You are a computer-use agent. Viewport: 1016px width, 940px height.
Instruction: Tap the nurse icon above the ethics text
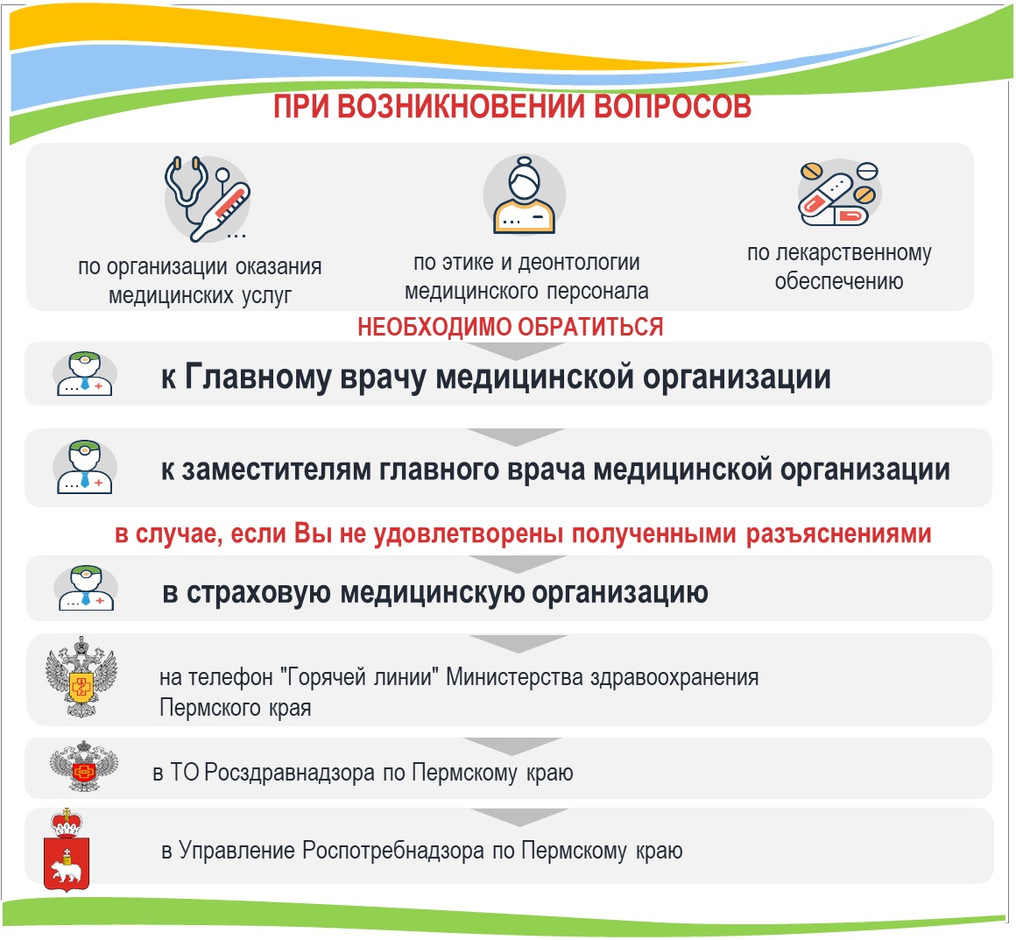coord(524,194)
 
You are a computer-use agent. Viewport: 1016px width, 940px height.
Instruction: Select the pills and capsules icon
coord(838,193)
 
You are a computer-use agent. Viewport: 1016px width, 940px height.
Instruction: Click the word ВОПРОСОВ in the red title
coord(672,107)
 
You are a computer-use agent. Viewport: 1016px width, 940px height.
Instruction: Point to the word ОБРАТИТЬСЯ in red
coord(590,327)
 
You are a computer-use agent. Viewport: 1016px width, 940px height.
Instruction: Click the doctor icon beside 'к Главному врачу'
coord(85,374)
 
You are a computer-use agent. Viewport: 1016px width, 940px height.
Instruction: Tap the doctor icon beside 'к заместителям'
coord(85,467)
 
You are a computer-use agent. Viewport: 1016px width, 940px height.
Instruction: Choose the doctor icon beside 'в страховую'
coord(87,588)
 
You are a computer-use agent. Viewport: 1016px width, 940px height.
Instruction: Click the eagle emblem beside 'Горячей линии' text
coord(81,677)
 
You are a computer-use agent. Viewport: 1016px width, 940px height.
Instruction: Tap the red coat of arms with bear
coord(66,849)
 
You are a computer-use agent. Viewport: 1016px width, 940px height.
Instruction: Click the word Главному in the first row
coord(258,377)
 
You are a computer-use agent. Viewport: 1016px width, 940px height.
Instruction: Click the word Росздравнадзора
coord(289,773)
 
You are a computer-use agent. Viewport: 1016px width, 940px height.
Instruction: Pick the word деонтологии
coord(579,263)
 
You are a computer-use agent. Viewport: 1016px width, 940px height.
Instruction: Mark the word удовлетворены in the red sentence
coord(468,534)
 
